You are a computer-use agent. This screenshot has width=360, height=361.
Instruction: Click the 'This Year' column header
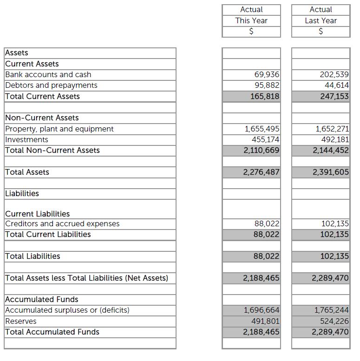coord(251,20)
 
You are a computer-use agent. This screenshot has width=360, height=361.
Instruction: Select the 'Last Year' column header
coord(321,20)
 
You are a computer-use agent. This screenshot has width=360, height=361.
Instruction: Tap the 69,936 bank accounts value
coord(267,74)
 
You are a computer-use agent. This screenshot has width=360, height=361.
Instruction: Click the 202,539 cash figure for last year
coord(334,74)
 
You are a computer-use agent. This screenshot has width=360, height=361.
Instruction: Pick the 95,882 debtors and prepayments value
coord(267,85)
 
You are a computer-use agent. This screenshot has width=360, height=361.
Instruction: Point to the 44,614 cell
coord(337,85)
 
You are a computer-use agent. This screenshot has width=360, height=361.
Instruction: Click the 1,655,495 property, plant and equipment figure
coord(262,129)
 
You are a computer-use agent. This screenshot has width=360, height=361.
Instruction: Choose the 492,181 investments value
coord(335,139)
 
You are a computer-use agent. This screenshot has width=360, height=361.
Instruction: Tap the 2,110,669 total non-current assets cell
coord(262,150)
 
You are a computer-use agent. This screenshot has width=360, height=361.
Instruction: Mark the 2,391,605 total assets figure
coord(331,172)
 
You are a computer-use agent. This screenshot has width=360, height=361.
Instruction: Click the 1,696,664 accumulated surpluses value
coord(262,310)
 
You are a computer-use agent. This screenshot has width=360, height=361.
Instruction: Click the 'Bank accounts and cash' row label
coord(48,74)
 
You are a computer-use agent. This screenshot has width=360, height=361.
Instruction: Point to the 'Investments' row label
coord(26,139)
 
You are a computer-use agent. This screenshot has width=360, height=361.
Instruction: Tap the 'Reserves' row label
coord(20,321)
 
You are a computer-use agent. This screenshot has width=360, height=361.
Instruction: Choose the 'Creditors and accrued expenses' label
coord(62,223)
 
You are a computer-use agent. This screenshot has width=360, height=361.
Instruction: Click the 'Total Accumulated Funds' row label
coord(52,332)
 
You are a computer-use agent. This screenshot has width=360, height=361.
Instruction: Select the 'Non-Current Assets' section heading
coord(42,118)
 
